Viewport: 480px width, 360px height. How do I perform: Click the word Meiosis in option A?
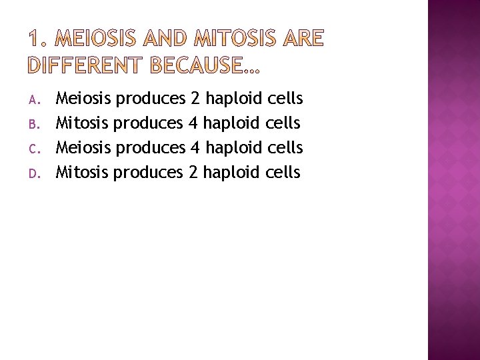click(83, 99)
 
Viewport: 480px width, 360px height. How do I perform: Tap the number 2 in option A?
click(195, 99)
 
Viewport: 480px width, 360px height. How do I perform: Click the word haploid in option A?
click(233, 100)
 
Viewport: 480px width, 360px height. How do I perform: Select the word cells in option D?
click(283, 173)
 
